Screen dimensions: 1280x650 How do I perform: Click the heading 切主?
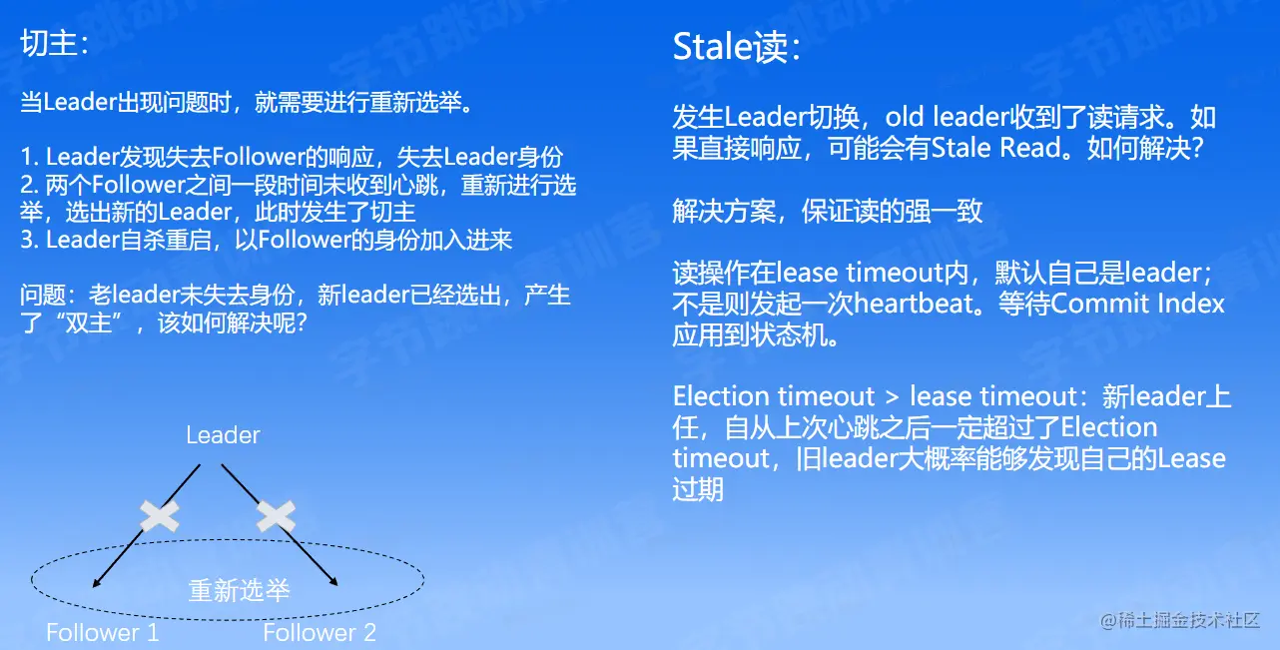pyautogui.click(x=55, y=44)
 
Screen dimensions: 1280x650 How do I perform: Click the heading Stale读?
pyautogui.click(x=737, y=47)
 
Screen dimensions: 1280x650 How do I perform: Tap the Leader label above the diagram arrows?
pyautogui.click(x=223, y=435)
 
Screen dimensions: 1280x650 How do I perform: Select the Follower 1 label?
pyautogui.click(x=102, y=632)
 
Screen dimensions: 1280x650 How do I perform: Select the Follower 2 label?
pyautogui.click(x=320, y=632)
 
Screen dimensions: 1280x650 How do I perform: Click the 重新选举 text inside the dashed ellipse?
pyautogui.click(x=239, y=590)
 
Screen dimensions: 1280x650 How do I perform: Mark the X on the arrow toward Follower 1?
pyautogui.click(x=160, y=515)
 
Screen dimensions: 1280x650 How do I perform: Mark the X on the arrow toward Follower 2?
pyautogui.click(x=276, y=515)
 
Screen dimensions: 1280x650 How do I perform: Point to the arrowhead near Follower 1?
pyautogui.click(x=96, y=583)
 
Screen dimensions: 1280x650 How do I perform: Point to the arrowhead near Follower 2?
pyautogui.click(x=333, y=581)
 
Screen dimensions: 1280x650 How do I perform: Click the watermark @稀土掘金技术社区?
pyautogui.click(x=1180, y=620)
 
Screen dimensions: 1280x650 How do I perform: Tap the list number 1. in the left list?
pyautogui.click(x=30, y=157)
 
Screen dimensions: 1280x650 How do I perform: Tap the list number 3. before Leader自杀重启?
pyautogui.click(x=30, y=240)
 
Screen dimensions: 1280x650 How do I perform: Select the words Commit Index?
pyautogui.click(x=1137, y=304)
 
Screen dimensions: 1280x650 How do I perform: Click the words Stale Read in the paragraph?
pyautogui.click(x=996, y=148)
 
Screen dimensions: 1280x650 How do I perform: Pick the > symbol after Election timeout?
pyautogui.click(x=892, y=396)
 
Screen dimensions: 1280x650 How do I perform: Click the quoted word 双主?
pyautogui.click(x=88, y=323)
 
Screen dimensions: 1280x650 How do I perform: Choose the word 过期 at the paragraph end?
pyautogui.click(x=698, y=489)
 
